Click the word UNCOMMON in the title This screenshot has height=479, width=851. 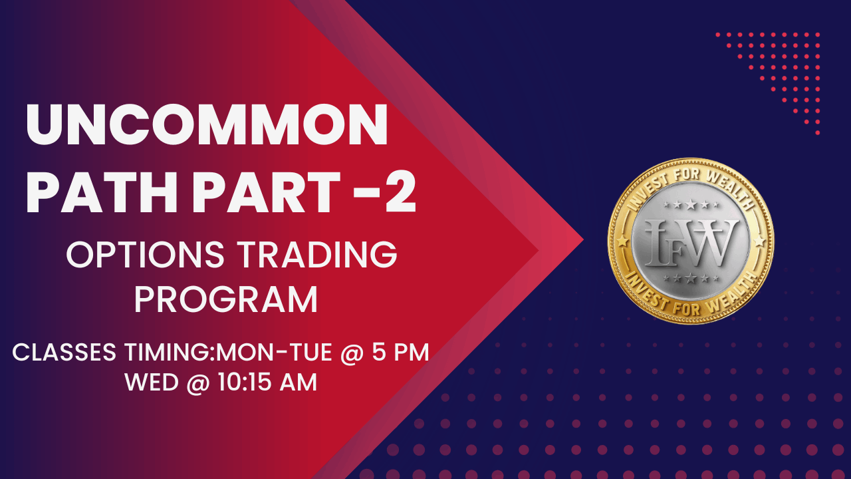click(x=206, y=126)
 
